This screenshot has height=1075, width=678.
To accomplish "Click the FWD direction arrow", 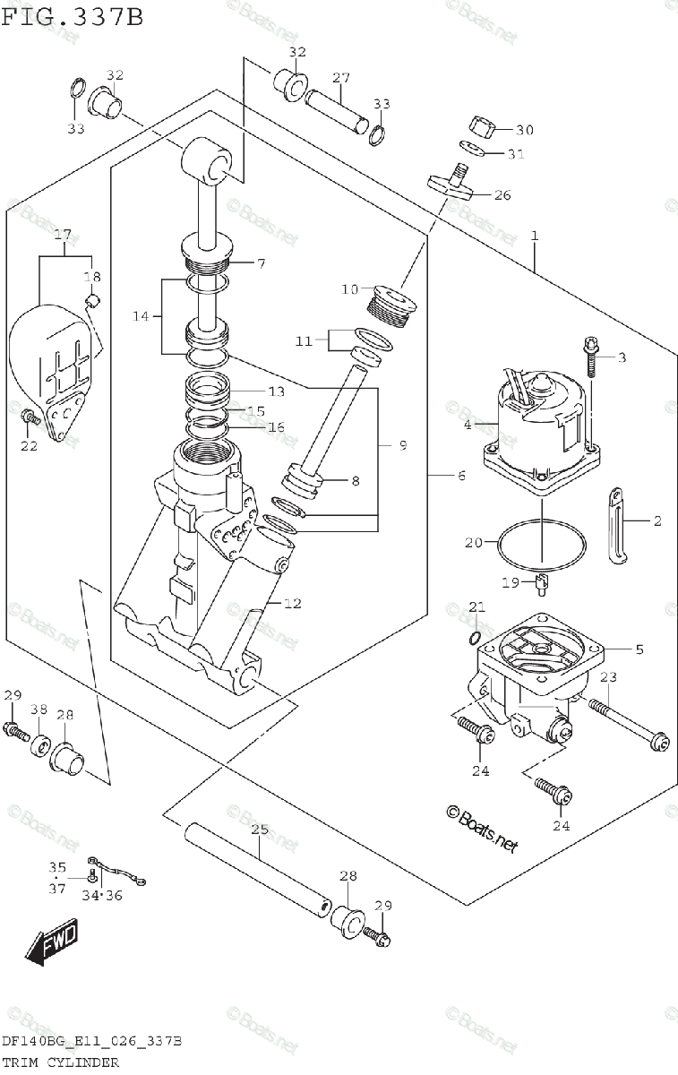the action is pos(52,942).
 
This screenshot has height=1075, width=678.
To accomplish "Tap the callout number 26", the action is pos(502,195).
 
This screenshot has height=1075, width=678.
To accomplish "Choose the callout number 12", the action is pos(293,603).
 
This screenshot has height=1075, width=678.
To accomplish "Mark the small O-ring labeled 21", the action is pos(474,638).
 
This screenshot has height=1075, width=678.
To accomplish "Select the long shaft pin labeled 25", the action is pos(257,869).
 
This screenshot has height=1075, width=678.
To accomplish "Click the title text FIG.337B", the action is pos(72,17).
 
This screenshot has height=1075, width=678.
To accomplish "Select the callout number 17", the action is pos(63,235).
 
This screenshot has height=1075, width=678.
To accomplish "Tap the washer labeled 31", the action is pos(473,148).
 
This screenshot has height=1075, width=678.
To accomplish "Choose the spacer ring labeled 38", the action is pos(41,747).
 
